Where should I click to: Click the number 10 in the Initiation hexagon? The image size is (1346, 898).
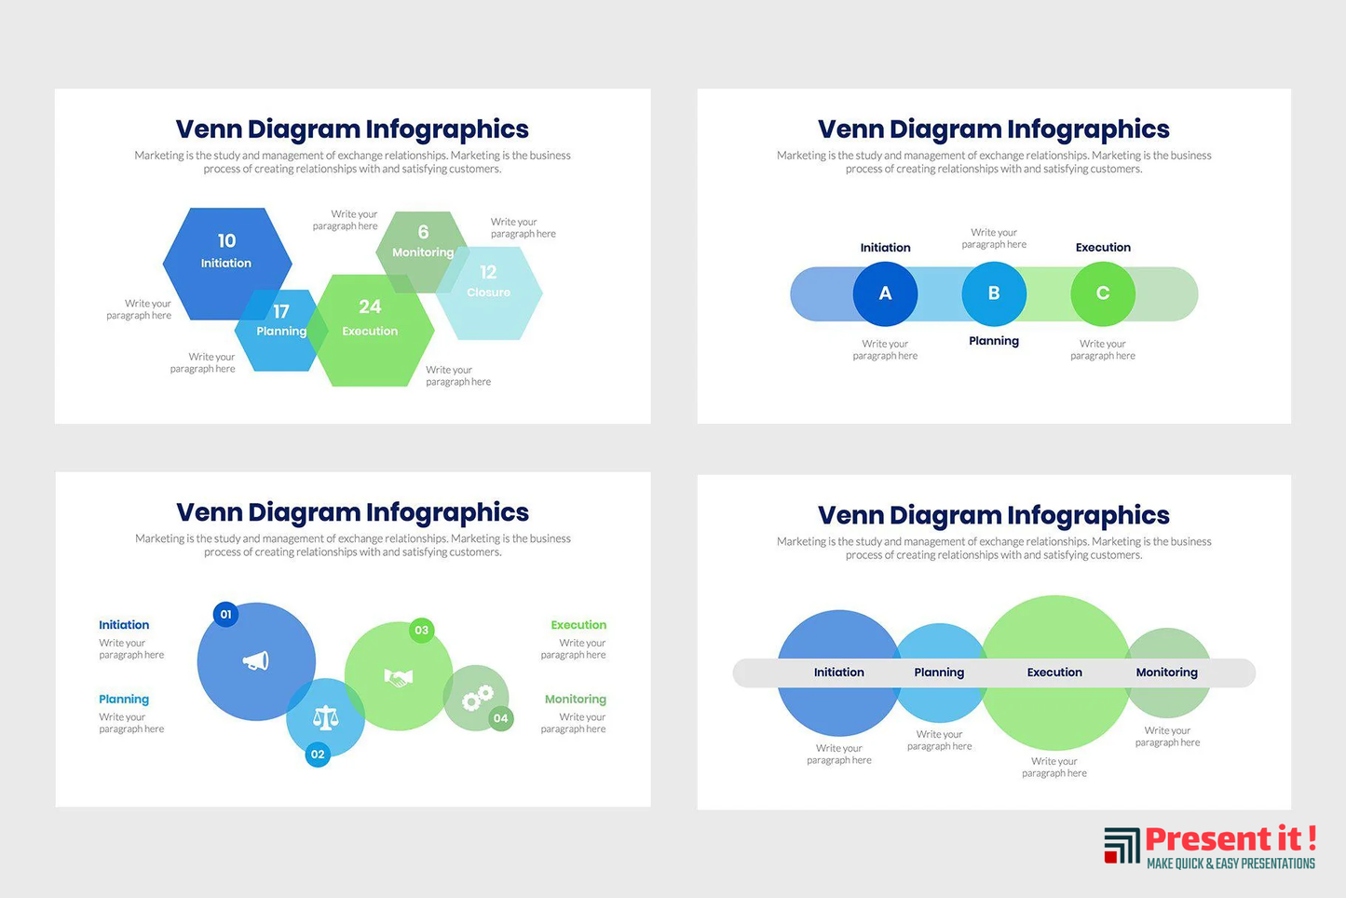pos(226,240)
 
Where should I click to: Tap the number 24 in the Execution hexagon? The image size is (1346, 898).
pos(370,306)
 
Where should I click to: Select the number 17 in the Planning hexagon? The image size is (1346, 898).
pos(281,311)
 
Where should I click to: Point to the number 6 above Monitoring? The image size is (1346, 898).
pos(424,232)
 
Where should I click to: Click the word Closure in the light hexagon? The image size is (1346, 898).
pos(488,293)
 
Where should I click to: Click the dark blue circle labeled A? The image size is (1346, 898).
pos(885,294)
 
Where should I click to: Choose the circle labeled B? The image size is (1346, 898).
pos(994,294)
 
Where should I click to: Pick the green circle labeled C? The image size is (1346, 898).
pos(1103,294)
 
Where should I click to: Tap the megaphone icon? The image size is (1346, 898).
pos(256,661)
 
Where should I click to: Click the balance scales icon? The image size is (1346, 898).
pos(326,717)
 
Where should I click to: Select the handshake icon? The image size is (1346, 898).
pos(399,678)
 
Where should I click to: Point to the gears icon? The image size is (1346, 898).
pos(478,698)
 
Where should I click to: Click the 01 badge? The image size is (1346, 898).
pos(226,614)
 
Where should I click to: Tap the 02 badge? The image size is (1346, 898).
pos(318,755)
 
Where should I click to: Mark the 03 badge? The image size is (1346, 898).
pos(422,630)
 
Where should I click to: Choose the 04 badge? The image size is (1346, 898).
pos(500,718)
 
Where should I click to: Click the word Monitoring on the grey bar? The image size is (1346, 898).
pos(1167,673)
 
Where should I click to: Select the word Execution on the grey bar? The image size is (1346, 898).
pos(1054,673)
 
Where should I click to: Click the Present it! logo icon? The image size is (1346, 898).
pos(1122,846)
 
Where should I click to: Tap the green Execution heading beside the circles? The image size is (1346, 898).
pos(578,625)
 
